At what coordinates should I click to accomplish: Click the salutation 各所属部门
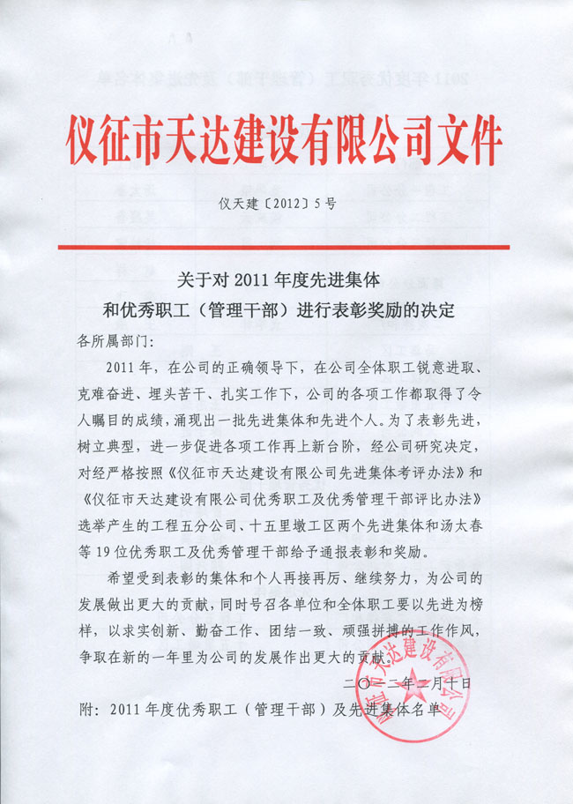click(x=110, y=339)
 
